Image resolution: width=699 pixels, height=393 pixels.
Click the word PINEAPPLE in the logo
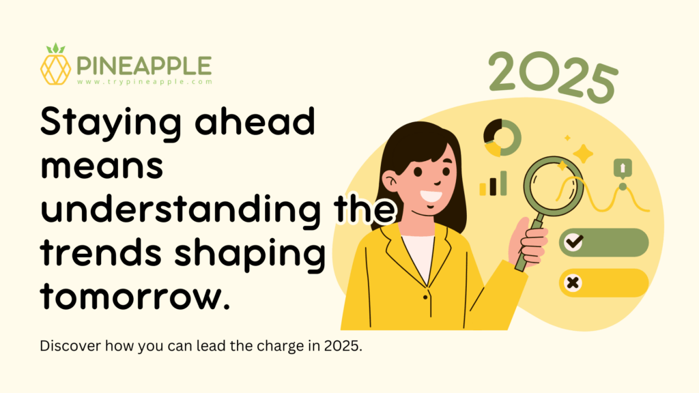click(x=144, y=66)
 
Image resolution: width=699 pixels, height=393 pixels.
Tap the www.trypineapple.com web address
click(x=145, y=82)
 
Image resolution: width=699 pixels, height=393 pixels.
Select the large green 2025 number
click(x=553, y=76)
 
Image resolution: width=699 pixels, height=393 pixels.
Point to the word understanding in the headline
click(x=180, y=209)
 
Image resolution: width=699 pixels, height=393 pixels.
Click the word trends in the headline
click(x=101, y=252)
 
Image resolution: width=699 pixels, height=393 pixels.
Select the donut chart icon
click(x=502, y=138)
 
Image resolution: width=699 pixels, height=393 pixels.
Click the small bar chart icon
click(x=493, y=184)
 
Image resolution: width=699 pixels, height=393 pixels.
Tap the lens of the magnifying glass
click(x=553, y=186)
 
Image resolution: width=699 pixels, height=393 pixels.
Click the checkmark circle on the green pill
click(x=573, y=242)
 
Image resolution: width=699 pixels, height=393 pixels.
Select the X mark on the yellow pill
click(x=573, y=282)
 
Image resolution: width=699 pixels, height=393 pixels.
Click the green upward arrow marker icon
click(x=623, y=169)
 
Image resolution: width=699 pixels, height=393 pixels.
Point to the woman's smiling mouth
click(x=431, y=196)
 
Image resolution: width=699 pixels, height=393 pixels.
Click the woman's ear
click(x=390, y=181)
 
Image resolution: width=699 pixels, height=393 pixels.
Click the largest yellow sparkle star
click(x=583, y=154)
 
